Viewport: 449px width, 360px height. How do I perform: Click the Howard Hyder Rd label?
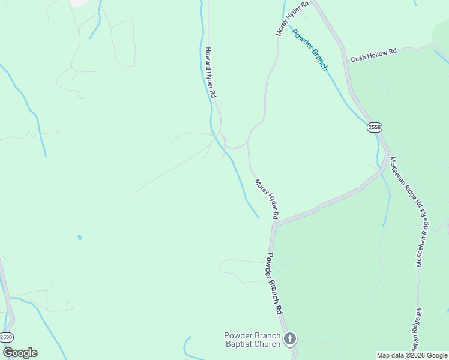point(211,73)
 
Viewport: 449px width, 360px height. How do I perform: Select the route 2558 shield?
point(374,127)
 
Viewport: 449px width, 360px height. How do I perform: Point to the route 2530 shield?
point(6,337)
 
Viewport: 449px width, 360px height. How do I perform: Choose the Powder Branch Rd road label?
point(274,284)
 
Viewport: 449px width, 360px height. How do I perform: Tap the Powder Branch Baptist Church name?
point(252,340)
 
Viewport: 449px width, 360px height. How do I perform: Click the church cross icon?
point(290,340)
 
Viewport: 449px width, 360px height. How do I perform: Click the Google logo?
point(20,353)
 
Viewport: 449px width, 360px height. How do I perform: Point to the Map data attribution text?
point(412,355)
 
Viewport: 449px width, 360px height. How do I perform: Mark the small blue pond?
point(80,238)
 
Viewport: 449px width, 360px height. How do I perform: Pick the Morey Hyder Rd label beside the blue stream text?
point(292,18)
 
